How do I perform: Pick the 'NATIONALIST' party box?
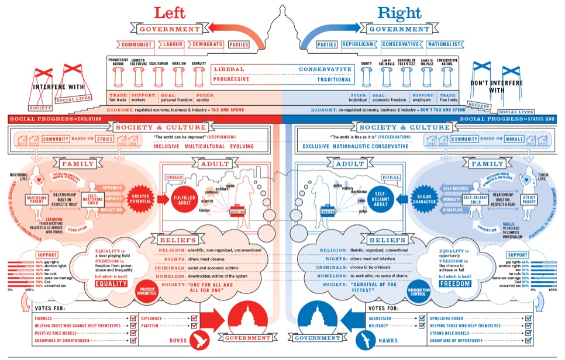pos(447,44)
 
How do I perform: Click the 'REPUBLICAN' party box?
pos(359,44)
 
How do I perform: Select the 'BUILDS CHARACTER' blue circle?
pos(425,198)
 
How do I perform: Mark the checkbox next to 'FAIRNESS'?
pos(133,318)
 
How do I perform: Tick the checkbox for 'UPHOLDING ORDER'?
pos(529,318)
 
